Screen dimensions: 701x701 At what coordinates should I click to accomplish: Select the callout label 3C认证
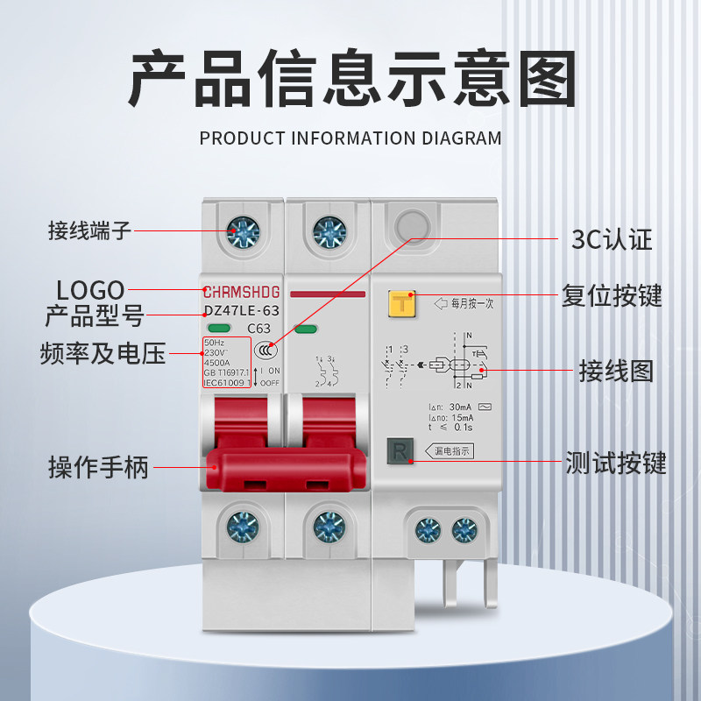point(612,238)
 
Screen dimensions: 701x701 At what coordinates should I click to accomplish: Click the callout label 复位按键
point(612,295)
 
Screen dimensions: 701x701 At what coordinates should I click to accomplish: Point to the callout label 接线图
point(616,371)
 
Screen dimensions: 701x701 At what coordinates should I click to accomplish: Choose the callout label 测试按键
point(616,462)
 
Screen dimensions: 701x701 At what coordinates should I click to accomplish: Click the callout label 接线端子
point(89,231)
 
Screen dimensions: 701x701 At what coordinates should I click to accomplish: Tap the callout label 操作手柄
point(98,467)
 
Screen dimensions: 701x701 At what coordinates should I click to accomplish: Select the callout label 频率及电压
point(103,353)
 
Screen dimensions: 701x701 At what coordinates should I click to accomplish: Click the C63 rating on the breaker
point(258,329)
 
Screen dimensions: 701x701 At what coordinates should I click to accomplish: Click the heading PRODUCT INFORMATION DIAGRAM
point(350,138)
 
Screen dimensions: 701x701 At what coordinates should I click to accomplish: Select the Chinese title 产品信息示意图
point(350,79)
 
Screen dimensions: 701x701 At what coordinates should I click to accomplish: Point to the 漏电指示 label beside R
point(453,452)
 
